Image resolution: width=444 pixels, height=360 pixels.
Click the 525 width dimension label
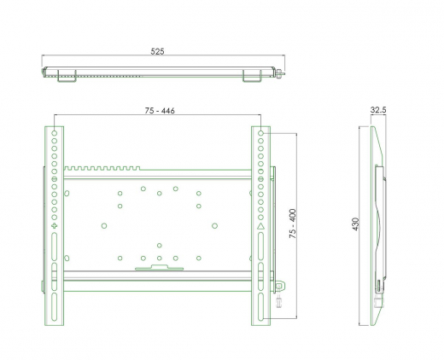157,51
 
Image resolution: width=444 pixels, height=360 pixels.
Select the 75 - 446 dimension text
160,110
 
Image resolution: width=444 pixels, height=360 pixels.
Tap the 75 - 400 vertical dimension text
293,224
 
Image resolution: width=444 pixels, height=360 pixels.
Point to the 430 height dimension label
355,224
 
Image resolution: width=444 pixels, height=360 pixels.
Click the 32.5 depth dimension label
378,109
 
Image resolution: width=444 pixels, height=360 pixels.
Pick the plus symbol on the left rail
55,226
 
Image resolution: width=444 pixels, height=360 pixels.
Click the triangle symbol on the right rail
260,226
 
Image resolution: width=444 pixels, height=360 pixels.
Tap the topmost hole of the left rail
55,133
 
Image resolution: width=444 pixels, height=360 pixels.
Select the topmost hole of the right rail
260,133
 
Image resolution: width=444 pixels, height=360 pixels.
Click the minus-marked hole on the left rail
55,179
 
